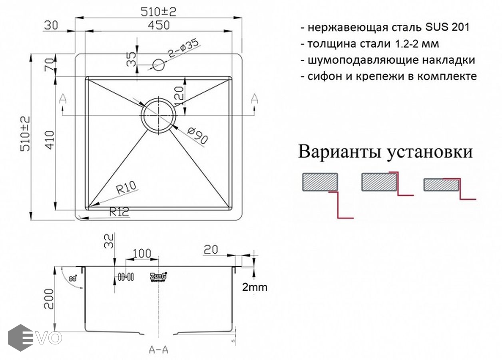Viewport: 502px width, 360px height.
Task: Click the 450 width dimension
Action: [x=159, y=25]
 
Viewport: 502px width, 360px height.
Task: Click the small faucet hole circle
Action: [x=159, y=65]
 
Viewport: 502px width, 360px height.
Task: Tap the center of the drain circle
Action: [x=159, y=115]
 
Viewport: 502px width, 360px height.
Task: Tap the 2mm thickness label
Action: [x=255, y=287]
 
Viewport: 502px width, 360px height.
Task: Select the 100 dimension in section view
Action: [x=142, y=254]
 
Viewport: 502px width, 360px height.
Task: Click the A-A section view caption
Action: [x=159, y=350]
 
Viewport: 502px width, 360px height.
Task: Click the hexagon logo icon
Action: [x=20, y=338]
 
